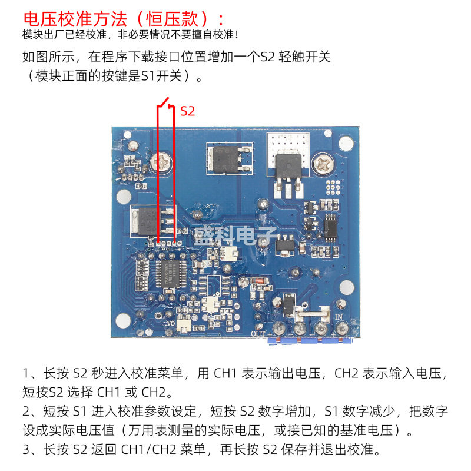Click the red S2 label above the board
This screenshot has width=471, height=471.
pos(187,111)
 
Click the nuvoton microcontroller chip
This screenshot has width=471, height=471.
pos(170,274)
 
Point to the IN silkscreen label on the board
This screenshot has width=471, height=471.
pos(339,317)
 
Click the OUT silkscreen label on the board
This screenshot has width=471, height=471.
pos(258,334)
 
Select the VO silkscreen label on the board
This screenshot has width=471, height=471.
pos(170,323)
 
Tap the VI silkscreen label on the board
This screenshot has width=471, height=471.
pos(230,243)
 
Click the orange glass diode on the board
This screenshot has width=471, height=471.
pos(257,281)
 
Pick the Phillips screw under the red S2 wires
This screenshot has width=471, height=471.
pos(161,162)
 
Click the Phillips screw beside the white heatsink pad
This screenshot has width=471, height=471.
pos(323,164)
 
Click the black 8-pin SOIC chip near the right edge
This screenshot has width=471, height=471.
pos(330,228)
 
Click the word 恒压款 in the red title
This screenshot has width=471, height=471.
pos(172,19)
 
